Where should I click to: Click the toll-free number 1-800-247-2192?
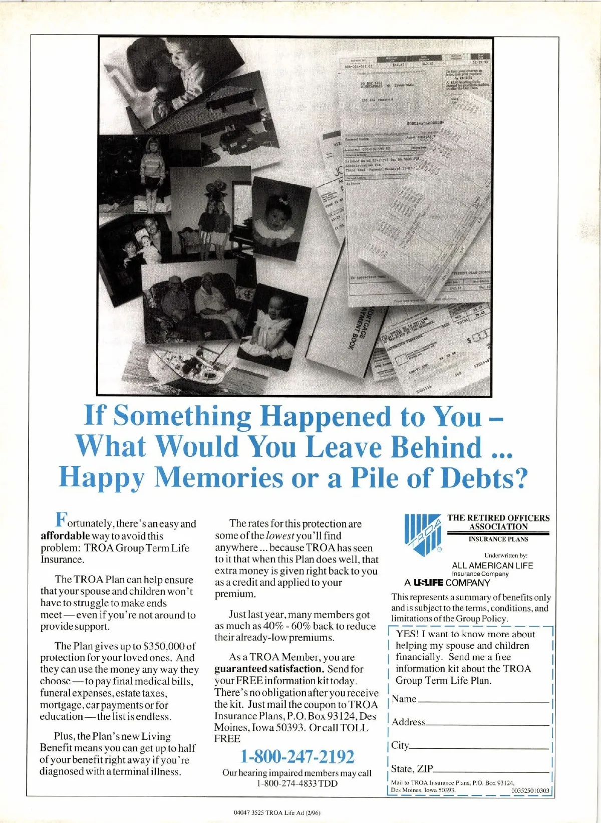[x=297, y=756]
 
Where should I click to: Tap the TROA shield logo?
[x=422, y=534]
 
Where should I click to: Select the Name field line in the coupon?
[x=483, y=701]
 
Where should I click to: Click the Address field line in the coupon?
[x=487, y=724]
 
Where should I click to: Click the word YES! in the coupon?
[x=406, y=634]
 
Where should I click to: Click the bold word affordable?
[x=65, y=535]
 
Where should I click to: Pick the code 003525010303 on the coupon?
[x=530, y=790]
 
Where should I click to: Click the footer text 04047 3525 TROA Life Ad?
[x=276, y=812]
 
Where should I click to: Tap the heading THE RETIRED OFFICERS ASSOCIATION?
[x=498, y=522]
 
